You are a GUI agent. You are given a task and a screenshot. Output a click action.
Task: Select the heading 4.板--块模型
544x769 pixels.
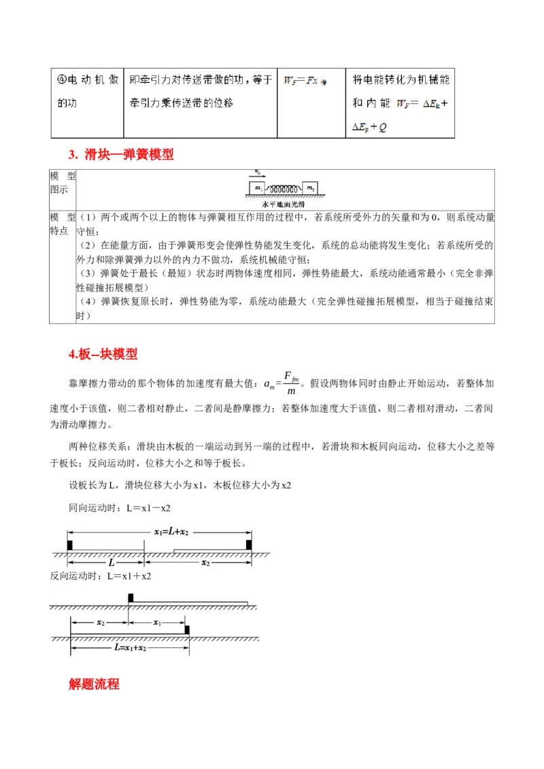click(103, 354)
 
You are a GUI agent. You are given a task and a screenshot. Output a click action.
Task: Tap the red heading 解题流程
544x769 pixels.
click(94, 684)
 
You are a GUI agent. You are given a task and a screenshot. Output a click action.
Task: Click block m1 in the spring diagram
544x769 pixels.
click(258, 187)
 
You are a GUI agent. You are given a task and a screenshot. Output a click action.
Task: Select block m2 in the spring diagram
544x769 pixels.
click(309, 187)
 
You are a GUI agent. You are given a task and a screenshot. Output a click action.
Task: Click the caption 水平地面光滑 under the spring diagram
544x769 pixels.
click(285, 203)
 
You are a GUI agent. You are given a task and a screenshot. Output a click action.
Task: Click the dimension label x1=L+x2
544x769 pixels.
click(171, 531)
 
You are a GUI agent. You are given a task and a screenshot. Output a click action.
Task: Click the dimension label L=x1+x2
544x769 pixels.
click(131, 648)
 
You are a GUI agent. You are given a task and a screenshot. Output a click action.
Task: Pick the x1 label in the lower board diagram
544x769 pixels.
click(157, 622)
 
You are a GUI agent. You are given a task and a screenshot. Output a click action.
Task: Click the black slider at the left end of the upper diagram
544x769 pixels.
click(69, 545)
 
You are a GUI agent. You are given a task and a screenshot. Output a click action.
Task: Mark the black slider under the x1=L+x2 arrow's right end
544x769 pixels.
click(249, 545)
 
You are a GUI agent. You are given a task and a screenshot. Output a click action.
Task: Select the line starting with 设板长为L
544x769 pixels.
click(180, 485)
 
